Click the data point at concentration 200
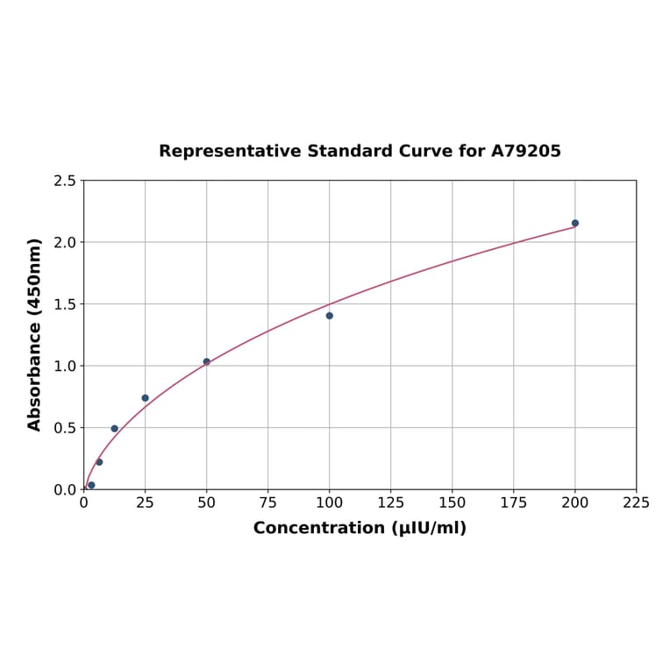[x=575, y=223]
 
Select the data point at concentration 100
[x=330, y=316]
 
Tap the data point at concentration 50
[x=207, y=361]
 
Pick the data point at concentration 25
[x=146, y=398]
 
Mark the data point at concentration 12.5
[x=115, y=429]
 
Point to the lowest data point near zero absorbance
[x=91, y=485]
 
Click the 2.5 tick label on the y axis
[x=64, y=181]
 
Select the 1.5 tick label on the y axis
[x=64, y=304]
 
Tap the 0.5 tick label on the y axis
[x=64, y=428]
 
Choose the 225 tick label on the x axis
[x=637, y=503]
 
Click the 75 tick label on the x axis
[x=268, y=503]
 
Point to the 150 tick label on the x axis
[x=453, y=503]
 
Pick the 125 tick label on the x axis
[x=391, y=503]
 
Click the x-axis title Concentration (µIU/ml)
[x=360, y=528]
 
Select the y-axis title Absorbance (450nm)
[x=35, y=334]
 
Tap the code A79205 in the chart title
[x=525, y=151]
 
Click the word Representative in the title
[x=230, y=151]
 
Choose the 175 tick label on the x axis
[x=514, y=503]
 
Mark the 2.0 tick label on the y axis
[x=64, y=242]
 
